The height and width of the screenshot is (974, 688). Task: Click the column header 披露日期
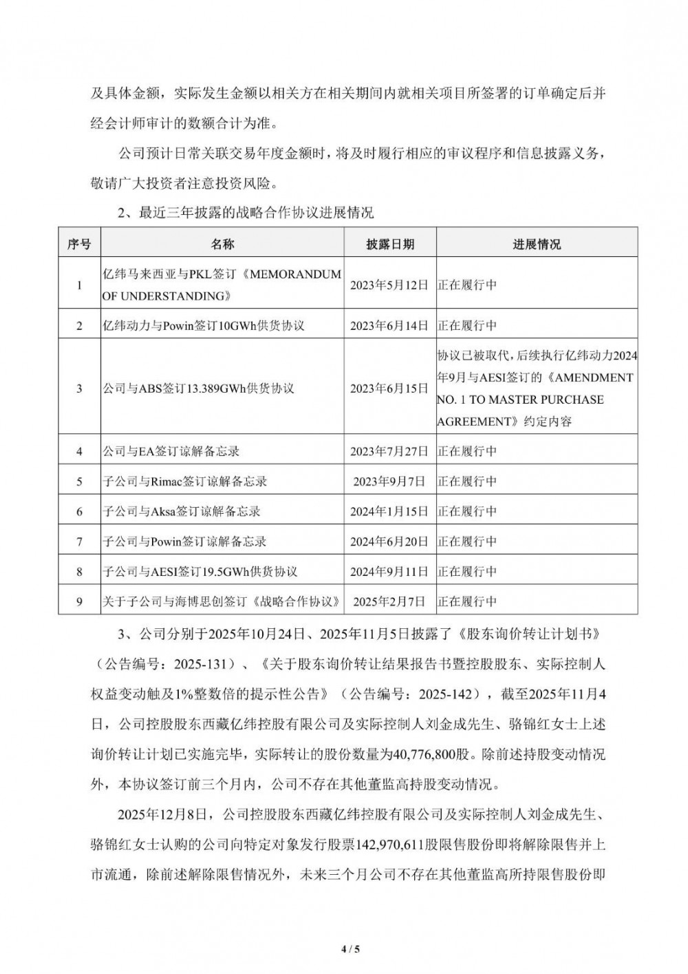(390, 245)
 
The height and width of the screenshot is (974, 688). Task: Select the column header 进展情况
(537, 245)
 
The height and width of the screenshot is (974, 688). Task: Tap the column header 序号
(79, 245)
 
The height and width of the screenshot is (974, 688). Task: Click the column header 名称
(222, 245)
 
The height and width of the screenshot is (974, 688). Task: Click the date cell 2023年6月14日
(390, 325)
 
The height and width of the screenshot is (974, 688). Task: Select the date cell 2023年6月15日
(390, 388)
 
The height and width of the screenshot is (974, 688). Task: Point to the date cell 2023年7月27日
(390, 451)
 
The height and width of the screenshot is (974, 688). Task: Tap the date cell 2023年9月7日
(390, 481)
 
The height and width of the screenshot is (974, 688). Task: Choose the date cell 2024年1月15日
(390, 512)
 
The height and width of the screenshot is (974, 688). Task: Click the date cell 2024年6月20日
(390, 542)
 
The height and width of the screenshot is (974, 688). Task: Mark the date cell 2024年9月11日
(390, 572)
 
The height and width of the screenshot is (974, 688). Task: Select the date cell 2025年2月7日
(390, 602)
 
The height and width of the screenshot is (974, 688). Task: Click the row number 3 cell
(79, 388)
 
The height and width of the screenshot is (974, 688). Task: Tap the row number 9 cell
(79, 602)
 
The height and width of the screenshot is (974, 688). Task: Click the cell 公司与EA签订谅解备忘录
(171, 451)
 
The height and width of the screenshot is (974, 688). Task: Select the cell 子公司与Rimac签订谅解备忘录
(184, 481)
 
